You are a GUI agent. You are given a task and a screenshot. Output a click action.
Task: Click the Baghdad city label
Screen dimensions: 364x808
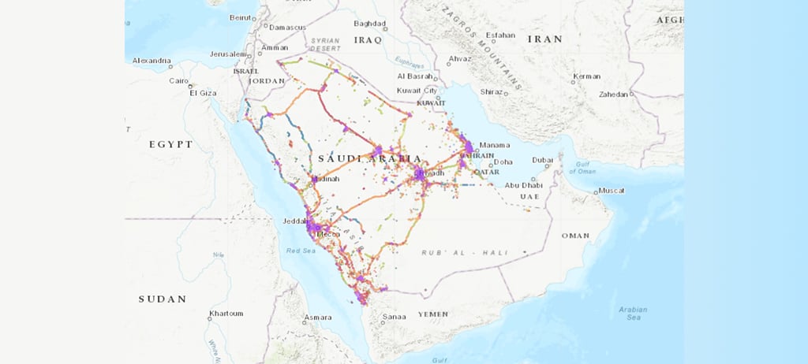(x=369, y=24)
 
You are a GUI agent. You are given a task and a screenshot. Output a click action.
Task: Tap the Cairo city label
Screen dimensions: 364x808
(x=179, y=80)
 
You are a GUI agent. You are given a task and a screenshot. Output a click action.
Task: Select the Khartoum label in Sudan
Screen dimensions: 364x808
(x=226, y=314)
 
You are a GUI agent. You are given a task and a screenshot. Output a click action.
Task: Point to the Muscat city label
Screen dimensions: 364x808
(x=612, y=191)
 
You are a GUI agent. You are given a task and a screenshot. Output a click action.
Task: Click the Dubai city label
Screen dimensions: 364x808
(x=542, y=160)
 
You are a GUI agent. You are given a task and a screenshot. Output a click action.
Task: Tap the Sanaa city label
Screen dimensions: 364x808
(x=395, y=317)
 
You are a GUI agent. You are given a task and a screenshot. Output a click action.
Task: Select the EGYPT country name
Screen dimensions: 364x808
(x=171, y=144)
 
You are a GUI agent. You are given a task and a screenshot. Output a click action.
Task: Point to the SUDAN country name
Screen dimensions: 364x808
(x=163, y=299)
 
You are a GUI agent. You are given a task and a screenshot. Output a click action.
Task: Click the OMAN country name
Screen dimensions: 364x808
(x=575, y=236)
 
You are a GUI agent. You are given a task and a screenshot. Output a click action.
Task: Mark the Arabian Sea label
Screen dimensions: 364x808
(x=634, y=314)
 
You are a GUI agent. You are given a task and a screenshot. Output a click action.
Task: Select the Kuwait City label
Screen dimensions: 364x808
(x=417, y=91)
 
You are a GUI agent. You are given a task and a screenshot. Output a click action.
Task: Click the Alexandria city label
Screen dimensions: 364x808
(x=151, y=61)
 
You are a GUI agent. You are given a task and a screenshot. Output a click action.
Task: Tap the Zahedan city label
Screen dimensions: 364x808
(x=612, y=94)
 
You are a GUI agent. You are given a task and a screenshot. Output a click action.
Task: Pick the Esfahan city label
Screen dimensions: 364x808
(x=500, y=35)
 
